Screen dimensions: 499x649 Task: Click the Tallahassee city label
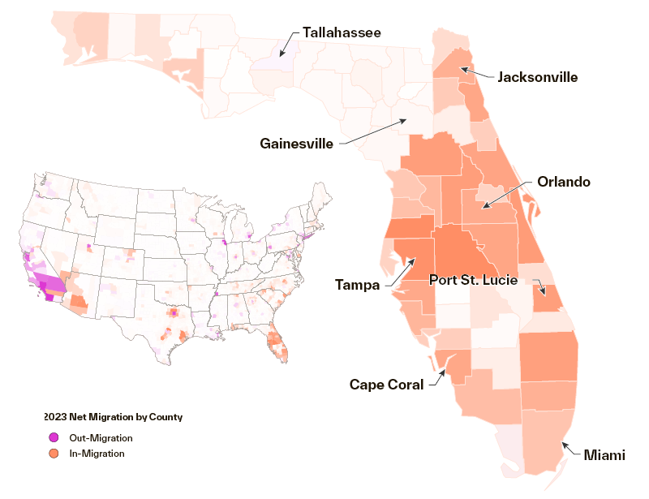coord(342,32)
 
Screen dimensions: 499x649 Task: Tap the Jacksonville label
coord(537,77)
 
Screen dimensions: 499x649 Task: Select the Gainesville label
coord(297,144)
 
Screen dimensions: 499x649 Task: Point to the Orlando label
coord(564,182)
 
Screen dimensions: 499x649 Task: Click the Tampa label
coord(358,284)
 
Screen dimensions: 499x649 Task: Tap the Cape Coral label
coord(386,384)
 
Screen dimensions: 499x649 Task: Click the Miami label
coord(605,454)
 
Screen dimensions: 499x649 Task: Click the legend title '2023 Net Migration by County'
coord(114,417)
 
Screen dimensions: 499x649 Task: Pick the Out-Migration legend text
coord(101,437)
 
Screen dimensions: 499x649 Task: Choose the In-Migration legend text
coord(97,454)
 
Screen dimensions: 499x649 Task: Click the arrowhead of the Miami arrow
coord(562,443)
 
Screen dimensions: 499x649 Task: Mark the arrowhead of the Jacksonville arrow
coord(461,69)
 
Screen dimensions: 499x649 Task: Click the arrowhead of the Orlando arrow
coord(483,209)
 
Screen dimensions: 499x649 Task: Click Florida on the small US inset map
coord(278,339)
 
